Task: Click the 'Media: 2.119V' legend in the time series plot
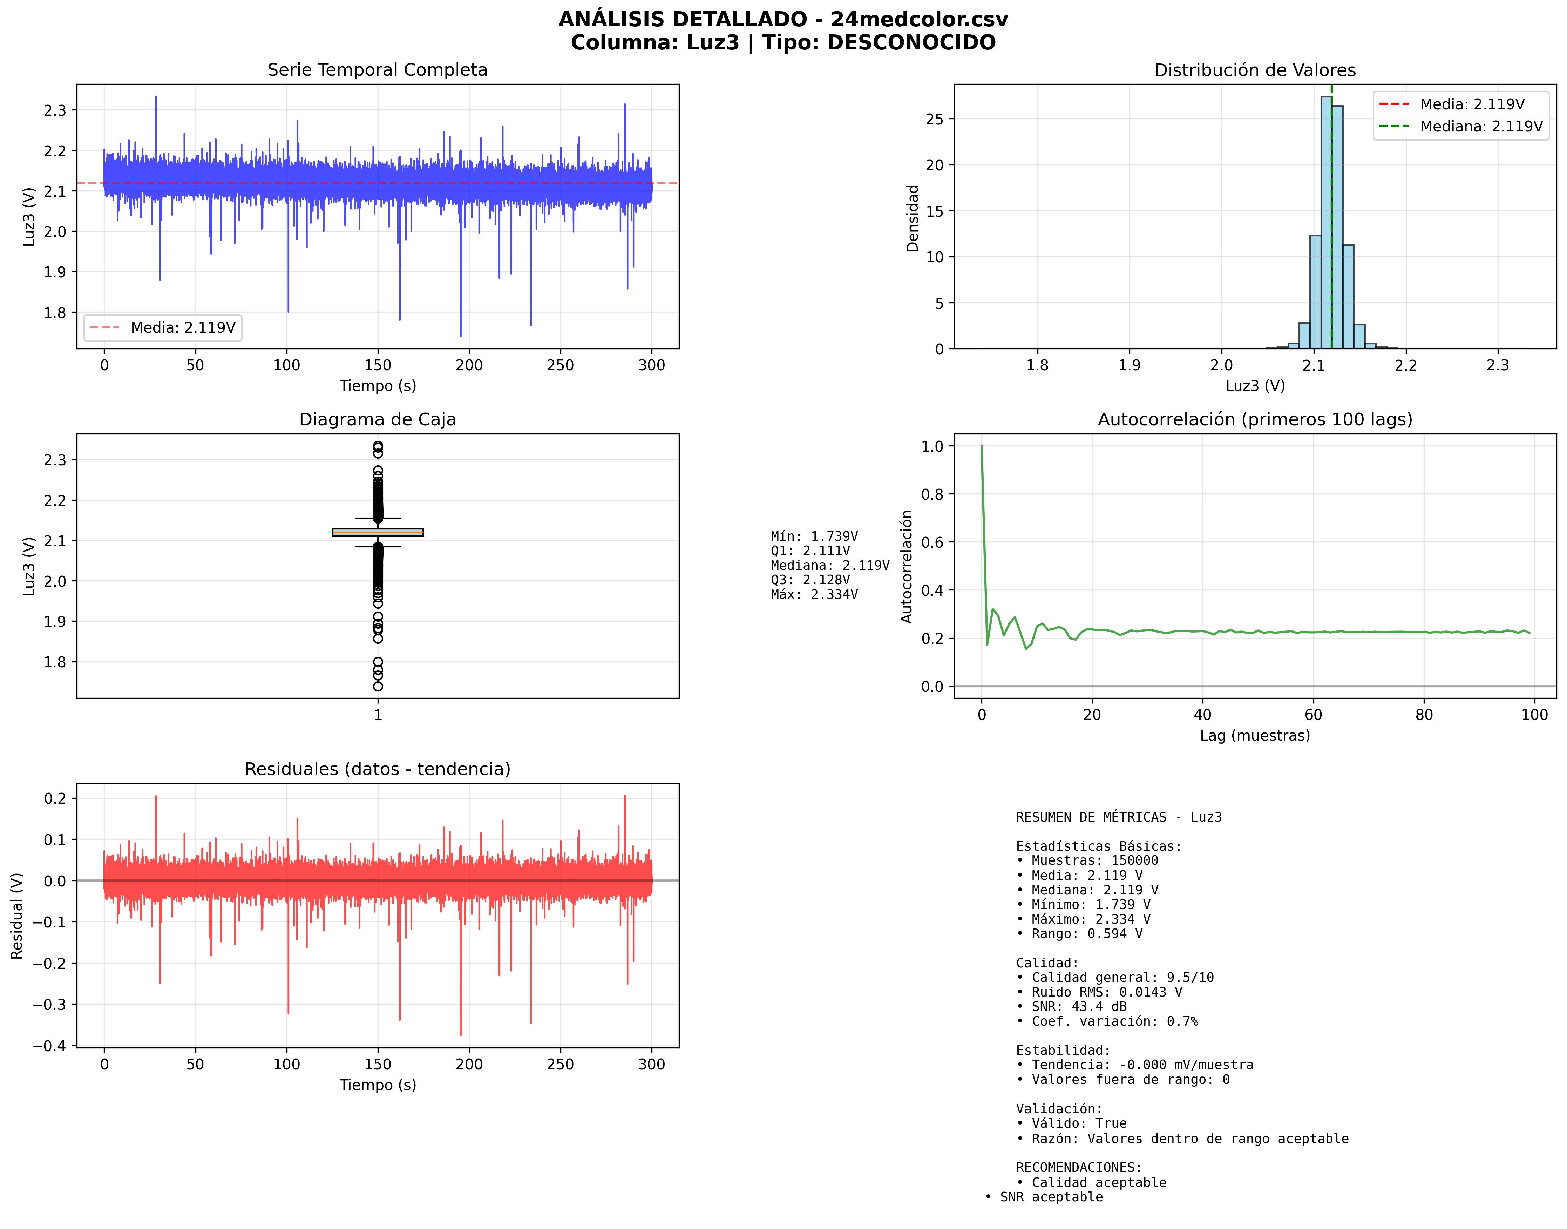163,328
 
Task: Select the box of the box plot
378,533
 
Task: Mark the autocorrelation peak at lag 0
981,447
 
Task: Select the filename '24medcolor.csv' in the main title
919,19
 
